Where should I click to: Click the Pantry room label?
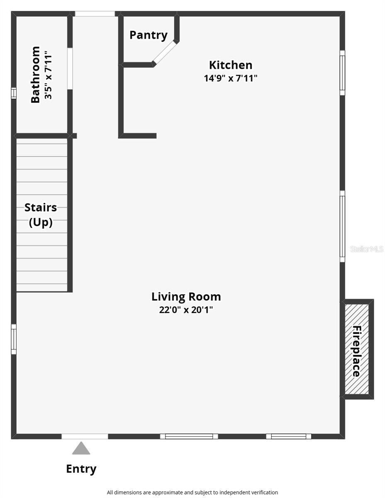click(x=149, y=35)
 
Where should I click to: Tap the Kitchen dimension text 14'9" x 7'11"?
click(x=230, y=78)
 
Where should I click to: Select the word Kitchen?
click(x=231, y=65)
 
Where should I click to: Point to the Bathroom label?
click(x=35, y=74)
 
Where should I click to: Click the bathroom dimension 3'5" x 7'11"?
click(x=48, y=75)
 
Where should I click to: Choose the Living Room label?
click(x=186, y=297)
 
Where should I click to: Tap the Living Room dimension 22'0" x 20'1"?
click(x=186, y=310)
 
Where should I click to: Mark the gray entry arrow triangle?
click(x=81, y=448)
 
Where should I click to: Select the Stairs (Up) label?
click(x=41, y=215)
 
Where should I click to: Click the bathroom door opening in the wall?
click(x=70, y=68)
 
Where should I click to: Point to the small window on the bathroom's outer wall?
click(x=14, y=93)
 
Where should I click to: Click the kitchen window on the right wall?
click(x=342, y=73)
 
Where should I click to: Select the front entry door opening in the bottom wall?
click(x=85, y=436)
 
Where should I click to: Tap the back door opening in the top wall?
click(x=95, y=14)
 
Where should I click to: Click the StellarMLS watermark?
click(x=367, y=249)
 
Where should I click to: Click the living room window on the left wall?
click(x=14, y=339)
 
